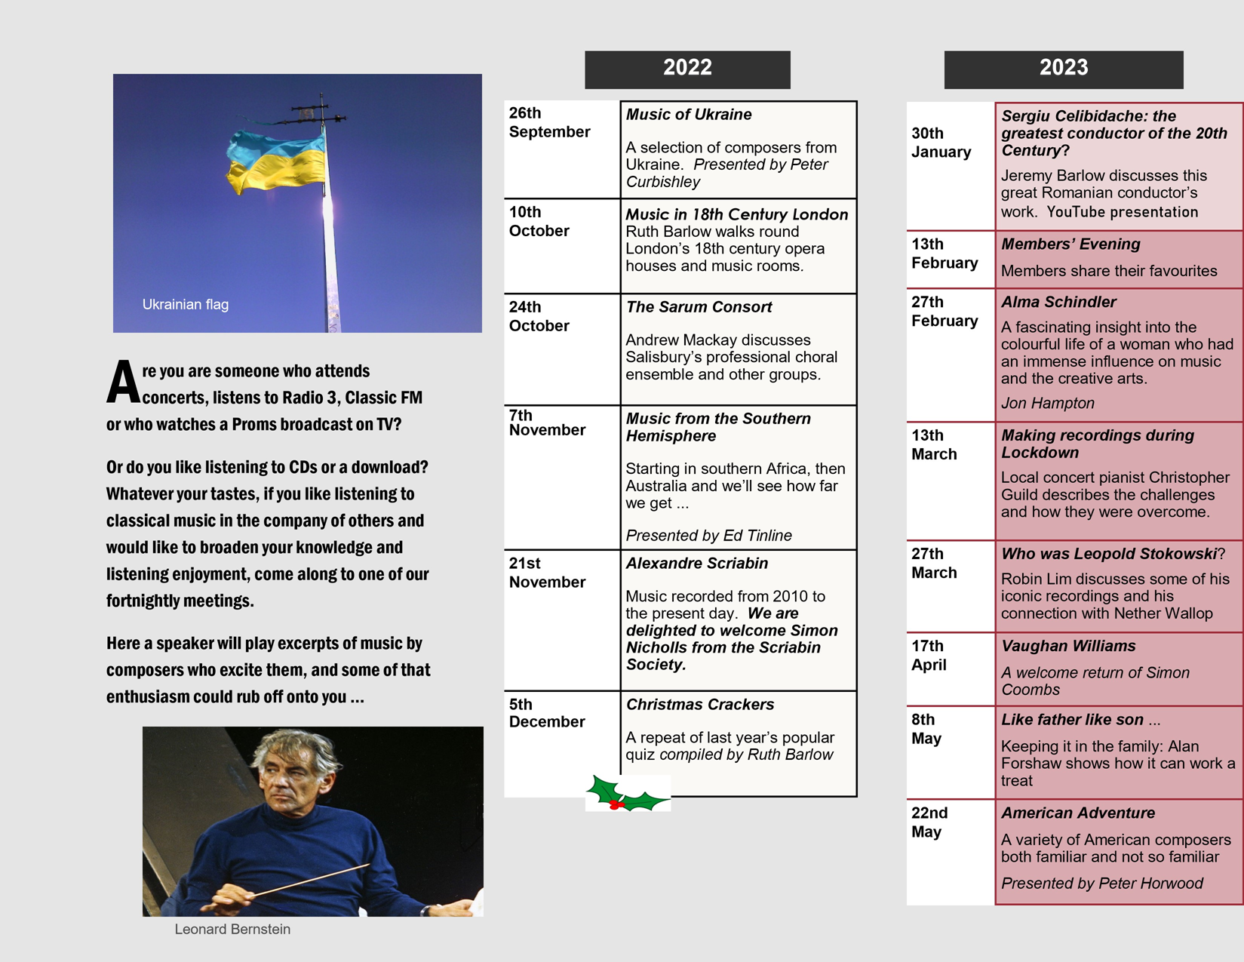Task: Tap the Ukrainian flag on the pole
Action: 276,161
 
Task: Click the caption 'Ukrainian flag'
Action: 186,305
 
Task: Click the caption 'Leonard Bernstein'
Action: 232,930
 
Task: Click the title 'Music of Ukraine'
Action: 689,115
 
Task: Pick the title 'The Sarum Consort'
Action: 699,307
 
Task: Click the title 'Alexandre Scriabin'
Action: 697,564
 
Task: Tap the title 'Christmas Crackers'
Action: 700,705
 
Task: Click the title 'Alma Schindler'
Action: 1058,303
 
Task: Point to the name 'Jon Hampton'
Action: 1047,404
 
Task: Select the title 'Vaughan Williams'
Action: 1068,647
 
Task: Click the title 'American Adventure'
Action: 1078,813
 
